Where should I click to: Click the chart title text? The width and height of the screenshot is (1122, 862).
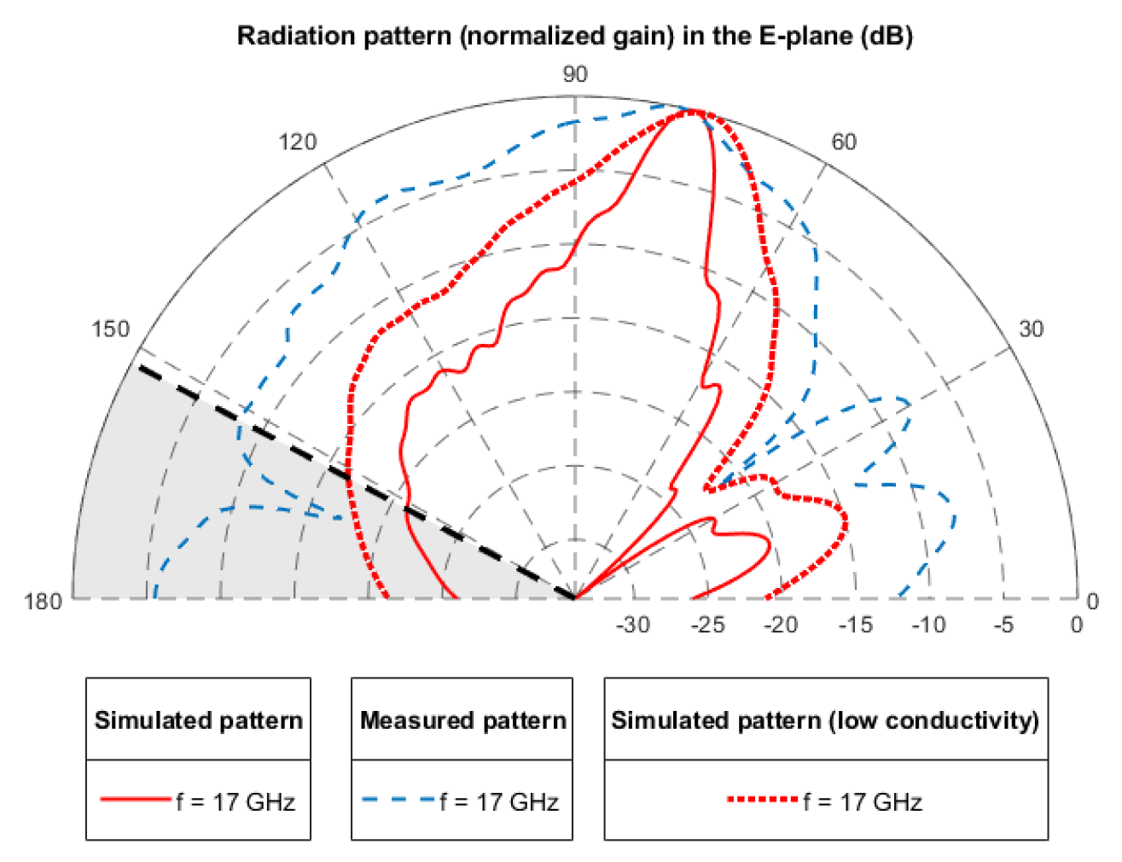(x=574, y=36)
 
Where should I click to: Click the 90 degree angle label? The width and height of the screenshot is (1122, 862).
(x=575, y=75)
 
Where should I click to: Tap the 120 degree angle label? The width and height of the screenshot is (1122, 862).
(x=297, y=142)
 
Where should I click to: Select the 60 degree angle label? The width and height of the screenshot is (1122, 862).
(x=843, y=142)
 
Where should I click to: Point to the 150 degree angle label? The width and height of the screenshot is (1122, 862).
(x=110, y=329)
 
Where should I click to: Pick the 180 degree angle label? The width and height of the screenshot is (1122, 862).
(x=43, y=601)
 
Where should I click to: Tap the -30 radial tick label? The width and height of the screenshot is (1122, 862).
(x=632, y=625)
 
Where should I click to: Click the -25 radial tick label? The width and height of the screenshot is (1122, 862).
(x=706, y=625)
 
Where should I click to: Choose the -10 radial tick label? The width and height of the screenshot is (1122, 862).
(x=928, y=625)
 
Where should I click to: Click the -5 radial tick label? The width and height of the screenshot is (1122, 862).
(x=1003, y=625)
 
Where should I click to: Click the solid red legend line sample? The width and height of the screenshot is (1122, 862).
(x=136, y=800)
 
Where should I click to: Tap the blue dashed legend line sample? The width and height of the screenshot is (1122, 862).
(x=398, y=800)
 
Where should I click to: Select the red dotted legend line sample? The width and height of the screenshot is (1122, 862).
(x=763, y=800)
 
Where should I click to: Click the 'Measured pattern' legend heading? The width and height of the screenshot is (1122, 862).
(x=462, y=720)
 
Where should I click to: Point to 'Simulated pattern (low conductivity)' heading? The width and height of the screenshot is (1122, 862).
(x=825, y=720)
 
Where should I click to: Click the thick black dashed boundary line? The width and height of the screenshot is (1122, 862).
(x=358, y=482)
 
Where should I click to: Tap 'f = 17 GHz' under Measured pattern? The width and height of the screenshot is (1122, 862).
(x=499, y=801)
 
